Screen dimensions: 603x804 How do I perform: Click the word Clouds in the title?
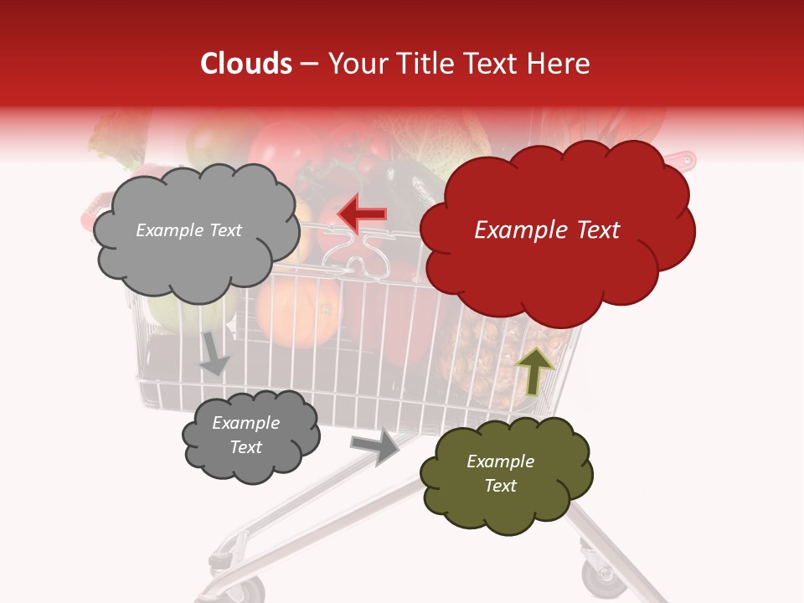tap(245, 64)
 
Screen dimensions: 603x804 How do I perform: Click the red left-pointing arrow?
tap(363, 214)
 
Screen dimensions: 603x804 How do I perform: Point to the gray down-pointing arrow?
tap(214, 353)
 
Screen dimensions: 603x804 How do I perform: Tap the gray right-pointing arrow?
tap(376, 446)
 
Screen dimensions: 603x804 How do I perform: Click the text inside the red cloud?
tap(547, 230)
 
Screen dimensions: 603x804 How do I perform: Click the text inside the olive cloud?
tap(500, 473)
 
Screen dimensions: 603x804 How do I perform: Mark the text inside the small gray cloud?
tap(245, 435)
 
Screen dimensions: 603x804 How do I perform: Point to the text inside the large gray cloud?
tap(188, 230)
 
